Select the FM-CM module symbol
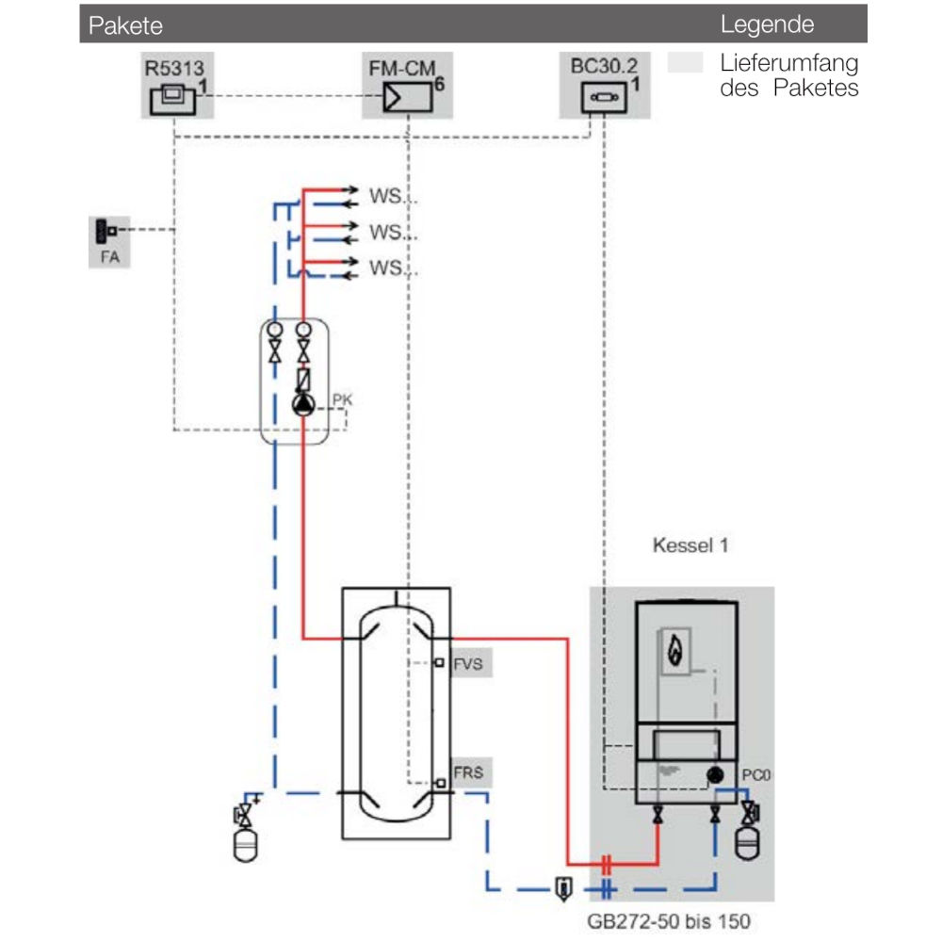406,96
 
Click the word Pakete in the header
125,25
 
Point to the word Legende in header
767,25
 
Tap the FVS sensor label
468,663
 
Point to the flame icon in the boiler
674,650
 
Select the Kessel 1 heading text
690,545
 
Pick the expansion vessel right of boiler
749,841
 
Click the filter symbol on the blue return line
561,886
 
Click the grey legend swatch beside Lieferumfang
685,64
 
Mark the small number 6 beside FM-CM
439,85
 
